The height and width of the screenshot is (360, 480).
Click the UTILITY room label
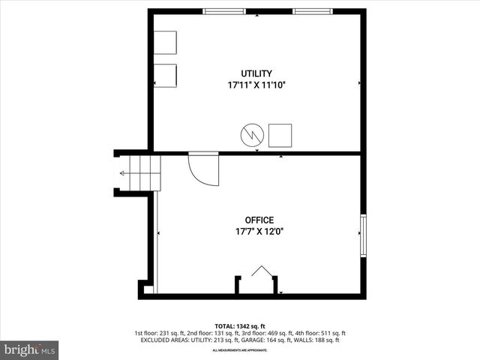[x=256, y=73]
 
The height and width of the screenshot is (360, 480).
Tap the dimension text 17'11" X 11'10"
[x=256, y=85]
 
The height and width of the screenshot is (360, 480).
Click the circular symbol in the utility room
[x=252, y=135]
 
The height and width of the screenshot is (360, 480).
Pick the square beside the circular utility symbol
[x=280, y=135]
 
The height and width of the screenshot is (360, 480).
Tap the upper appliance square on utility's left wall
[x=165, y=42]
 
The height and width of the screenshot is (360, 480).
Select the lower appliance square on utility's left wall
[x=165, y=76]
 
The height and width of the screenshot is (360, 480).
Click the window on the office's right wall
[x=363, y=236]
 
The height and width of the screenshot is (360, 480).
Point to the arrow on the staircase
[x=123, y=173]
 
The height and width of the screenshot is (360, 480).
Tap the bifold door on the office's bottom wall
[x=261, y=273]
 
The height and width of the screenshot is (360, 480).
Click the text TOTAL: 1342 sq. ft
[x=239, y=326]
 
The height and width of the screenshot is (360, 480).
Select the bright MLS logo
[x=29, y=349]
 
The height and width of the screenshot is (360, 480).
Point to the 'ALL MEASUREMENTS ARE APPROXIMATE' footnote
[x=239, y=350]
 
